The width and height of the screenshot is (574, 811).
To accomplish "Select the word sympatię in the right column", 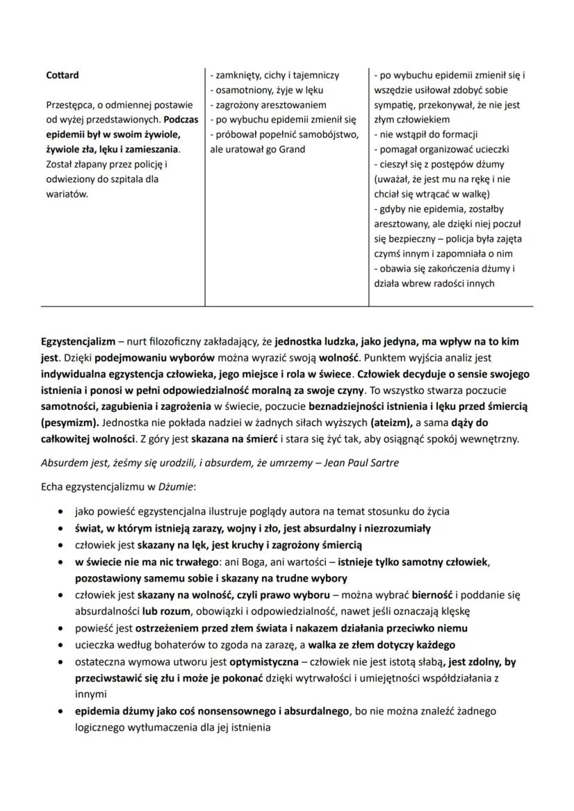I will point(396,105).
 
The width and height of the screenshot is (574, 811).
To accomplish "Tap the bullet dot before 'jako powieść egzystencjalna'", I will point(64,512).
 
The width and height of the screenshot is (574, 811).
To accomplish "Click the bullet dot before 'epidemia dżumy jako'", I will point(64,711).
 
